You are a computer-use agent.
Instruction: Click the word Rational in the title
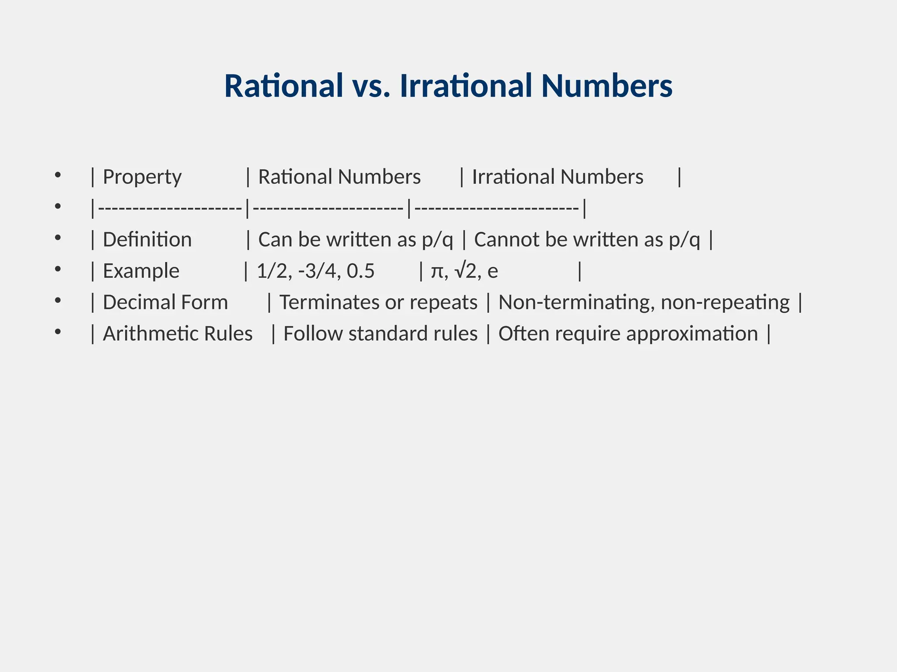(284, 86)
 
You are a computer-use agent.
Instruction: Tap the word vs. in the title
(371, 86)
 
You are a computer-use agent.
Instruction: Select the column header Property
(142, 177)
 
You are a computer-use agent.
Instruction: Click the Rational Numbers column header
(339, 177)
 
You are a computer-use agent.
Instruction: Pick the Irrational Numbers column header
(558, 177)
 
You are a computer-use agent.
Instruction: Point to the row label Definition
(147, 240)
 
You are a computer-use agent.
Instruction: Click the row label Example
(141, 271)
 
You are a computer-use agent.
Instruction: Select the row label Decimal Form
(165, 302)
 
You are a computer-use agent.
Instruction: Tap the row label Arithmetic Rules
(177, 334)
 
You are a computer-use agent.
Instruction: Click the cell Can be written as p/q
(355, 240)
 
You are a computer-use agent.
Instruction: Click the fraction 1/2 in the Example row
(272, 271)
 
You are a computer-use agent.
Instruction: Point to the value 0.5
(360, 271)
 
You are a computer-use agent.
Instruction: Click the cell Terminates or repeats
(378, 302)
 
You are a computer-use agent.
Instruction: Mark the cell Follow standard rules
(380, 334)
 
